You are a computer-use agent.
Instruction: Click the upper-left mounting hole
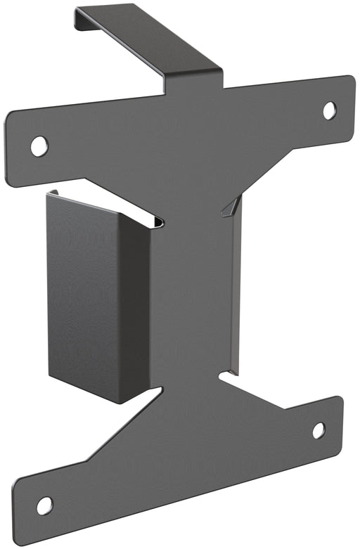tap(39, 146)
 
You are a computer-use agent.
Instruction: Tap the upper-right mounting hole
tap(329, 110)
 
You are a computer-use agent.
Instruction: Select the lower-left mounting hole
tap(44, 505)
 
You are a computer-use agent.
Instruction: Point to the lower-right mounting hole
tap(319, 430)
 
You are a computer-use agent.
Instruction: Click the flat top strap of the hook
tap(148, 39)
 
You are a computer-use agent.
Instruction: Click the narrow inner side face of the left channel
tap(134, 309)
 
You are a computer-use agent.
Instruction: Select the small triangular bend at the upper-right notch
tap(230, 205)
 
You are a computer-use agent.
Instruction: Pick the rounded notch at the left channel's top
tap(157, 223)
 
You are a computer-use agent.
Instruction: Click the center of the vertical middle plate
tap(193, 295)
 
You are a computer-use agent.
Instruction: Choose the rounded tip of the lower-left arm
tap(19, 517)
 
